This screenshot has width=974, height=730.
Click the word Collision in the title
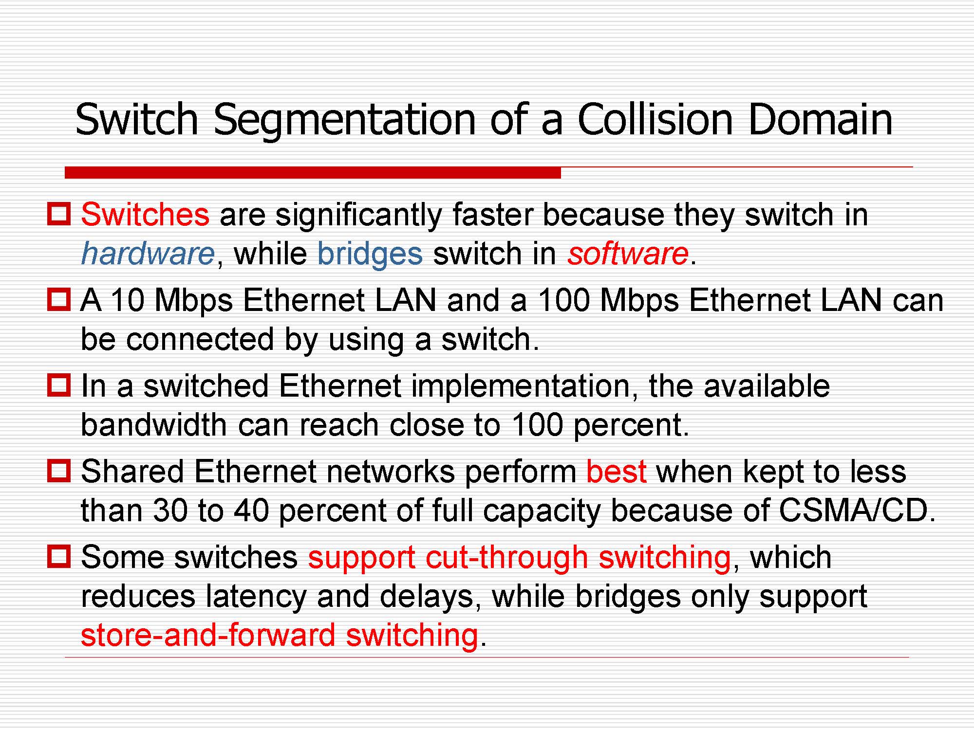[x=655, y=119]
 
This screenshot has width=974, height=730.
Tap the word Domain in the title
[x=821, y=119]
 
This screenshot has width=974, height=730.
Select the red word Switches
[x=145, y=214]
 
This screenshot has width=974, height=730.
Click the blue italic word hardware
[x=148, y=253]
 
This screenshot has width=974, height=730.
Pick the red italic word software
[x=628, y=253]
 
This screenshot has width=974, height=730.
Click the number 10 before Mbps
[x=128, y=300]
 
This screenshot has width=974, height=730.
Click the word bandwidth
[x=154, y=424]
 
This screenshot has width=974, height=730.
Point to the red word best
[x=617, y=471]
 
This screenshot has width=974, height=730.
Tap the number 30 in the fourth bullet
[x=170, y=511]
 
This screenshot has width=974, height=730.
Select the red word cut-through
[x=507, y=558]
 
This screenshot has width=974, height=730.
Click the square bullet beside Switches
[x=59, y=214]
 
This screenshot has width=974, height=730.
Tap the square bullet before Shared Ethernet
[x=59, y=471]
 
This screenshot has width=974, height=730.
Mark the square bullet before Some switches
[x=59, y=556]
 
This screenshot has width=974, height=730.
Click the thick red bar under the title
[x=313, y=172]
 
